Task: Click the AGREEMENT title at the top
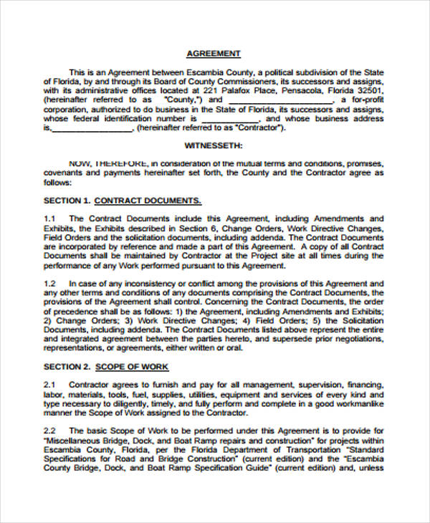click(x=214, y=54)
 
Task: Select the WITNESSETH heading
click(x=214, y=144)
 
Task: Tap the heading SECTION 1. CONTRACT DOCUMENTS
click(x=123, y=201)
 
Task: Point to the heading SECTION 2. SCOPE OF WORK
click(x=106, y=366)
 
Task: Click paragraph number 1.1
click(x=49, y=219)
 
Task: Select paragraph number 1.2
click(x=49, y=284)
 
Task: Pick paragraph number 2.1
click(x=49, y=385)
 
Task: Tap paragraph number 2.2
click(x=49, y=431)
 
